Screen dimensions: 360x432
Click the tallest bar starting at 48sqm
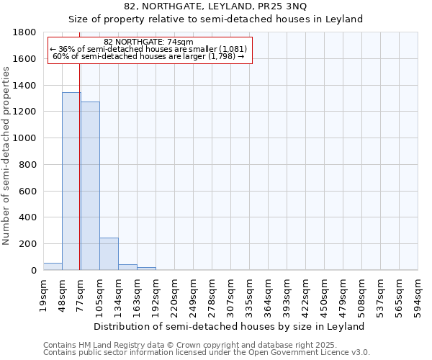point(71,181)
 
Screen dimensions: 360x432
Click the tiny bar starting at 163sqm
point(146,269)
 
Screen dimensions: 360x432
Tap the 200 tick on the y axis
point(28,244)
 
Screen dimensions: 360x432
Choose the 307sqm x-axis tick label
point(231,295)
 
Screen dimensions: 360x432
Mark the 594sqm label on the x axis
point(418,295)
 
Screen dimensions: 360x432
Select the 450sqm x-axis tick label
point(325,295)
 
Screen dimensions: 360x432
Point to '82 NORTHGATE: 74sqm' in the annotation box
point(148,42)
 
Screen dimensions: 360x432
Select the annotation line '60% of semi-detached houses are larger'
point(148,57)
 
